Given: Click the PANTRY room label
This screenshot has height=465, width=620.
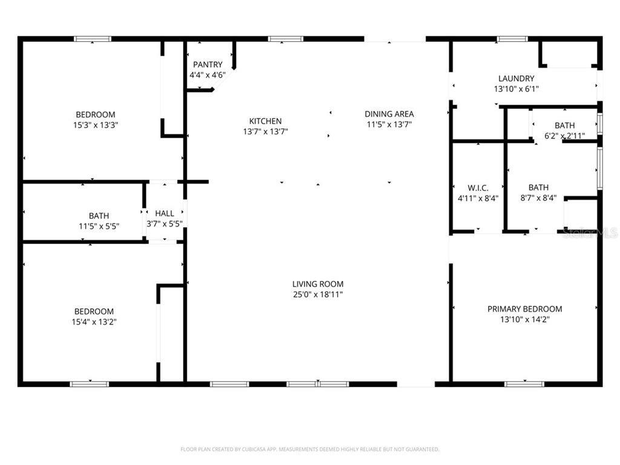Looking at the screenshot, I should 208,65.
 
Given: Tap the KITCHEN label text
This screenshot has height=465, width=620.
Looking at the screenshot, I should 265,121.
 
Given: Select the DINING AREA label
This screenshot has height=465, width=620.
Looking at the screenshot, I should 389,114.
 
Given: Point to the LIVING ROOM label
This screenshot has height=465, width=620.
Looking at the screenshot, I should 318,284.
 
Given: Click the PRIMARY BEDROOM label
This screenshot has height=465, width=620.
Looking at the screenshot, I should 524,309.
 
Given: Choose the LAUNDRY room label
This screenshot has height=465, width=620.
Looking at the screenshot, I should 516,78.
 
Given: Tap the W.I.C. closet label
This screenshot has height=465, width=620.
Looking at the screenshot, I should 478,188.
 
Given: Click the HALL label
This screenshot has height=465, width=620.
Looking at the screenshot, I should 165,214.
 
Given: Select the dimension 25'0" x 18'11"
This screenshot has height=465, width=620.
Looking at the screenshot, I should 318,295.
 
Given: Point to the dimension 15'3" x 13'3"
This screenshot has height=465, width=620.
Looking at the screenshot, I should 95,125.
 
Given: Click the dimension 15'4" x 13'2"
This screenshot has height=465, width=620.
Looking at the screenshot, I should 94,322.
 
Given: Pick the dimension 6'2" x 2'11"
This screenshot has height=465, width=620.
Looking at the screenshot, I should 564,136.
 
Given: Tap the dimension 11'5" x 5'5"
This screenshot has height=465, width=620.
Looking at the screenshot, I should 99,226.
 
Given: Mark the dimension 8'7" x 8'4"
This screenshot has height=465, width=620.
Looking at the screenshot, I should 538,198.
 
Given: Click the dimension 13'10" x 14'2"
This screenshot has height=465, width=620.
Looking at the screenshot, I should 524,320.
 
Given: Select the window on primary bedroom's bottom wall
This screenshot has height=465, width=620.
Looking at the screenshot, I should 524,383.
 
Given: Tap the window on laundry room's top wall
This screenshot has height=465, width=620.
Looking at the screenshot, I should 512,39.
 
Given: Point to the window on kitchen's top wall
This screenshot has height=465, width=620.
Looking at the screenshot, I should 286,39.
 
